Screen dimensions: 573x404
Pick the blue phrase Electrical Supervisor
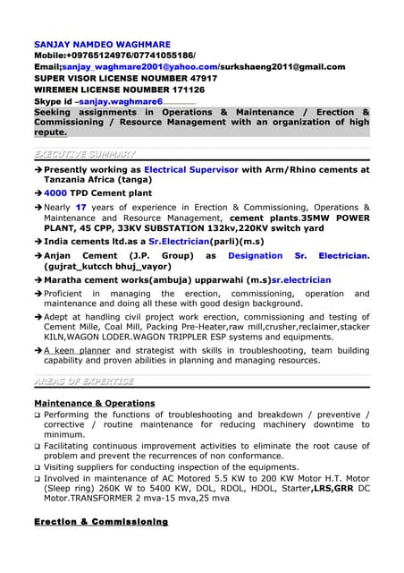point(190,169)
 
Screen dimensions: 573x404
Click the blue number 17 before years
point(81,207)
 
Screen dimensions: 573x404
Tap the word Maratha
point(67,280)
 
